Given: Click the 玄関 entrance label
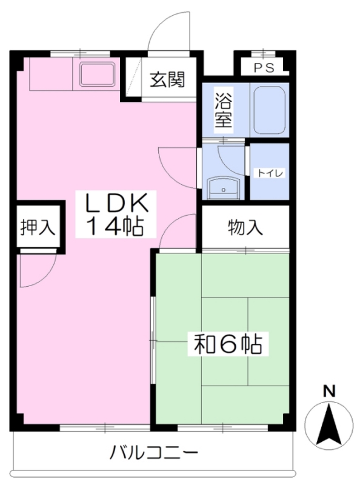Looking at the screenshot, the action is tap(167, 79).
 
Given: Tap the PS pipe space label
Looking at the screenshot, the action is tap(264, 68).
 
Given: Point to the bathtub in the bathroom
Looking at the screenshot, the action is tap(269, 110).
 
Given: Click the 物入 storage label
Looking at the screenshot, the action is tap(245, 228).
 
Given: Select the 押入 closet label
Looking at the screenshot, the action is tap(38, 227).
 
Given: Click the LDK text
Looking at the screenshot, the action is tap(116, 202).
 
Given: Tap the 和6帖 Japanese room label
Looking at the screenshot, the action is tap(228, 344).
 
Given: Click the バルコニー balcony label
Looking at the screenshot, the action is tap(154, 453).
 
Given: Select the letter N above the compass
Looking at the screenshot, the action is tap(329, 391).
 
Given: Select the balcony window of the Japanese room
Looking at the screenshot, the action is tap(222, 427).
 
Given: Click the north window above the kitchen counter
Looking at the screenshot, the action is tap(80, 54).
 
